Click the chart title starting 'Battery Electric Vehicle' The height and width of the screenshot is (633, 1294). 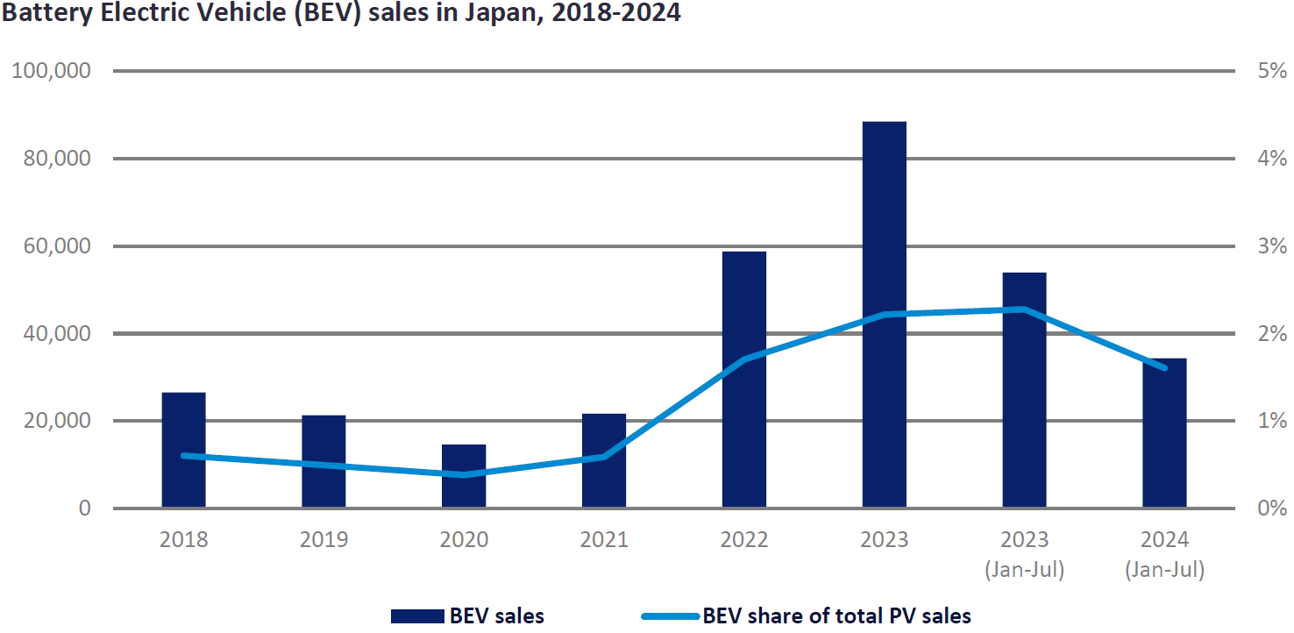point(342,14)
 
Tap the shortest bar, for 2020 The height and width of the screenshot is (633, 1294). point(464,476)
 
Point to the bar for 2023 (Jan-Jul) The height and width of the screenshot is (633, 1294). point(1024,389)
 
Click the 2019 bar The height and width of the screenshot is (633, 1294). point(323,461)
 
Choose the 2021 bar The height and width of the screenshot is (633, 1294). point(604,460)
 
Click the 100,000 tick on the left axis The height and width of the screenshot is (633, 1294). point(51,71)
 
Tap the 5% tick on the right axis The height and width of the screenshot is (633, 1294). point(1270,71)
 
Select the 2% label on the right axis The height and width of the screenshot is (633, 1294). point(1270,334)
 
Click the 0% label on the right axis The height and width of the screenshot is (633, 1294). point(1270,509)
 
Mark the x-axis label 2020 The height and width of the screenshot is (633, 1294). point(464,539)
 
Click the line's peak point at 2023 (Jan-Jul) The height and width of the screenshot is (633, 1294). point(1024,309)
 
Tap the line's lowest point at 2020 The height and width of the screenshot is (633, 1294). point(464,474)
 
